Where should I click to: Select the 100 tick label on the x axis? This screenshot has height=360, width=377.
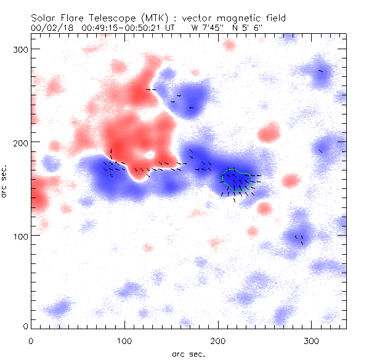pos(124,340)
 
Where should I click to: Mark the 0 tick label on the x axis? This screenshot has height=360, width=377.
pos(31,340)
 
